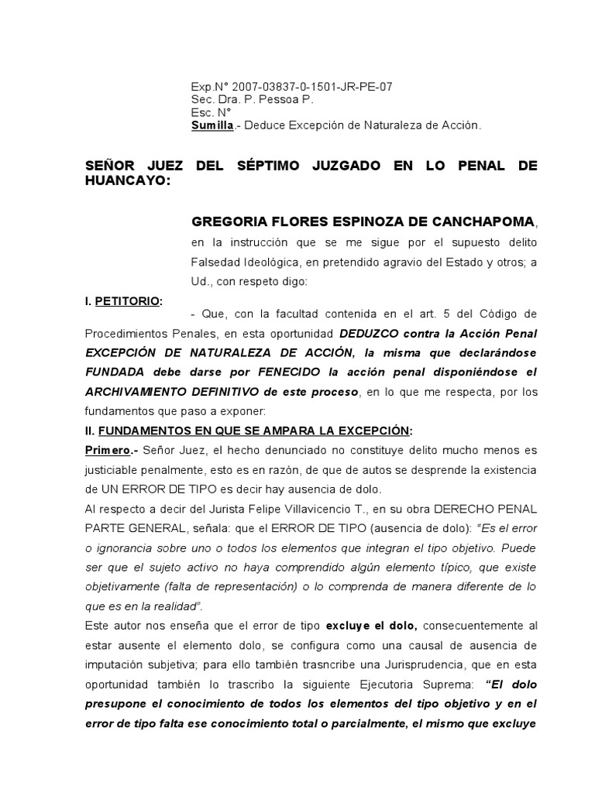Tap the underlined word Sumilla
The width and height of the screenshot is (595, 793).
coord(212,125)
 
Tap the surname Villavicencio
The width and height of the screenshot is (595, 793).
coord(310,510)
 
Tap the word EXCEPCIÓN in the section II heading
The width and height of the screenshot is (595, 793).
coord(369,431)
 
